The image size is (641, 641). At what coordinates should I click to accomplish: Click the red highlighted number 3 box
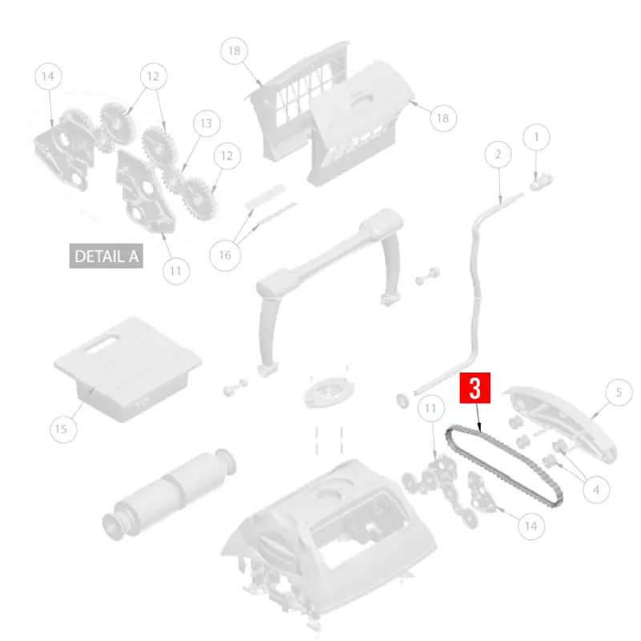point(474,388)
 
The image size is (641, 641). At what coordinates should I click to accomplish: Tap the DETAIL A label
point(107,256)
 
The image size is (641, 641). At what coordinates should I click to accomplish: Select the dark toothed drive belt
point(504,466)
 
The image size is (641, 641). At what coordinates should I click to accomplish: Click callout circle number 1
point(536,137)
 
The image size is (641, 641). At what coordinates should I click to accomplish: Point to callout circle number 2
point(498,154)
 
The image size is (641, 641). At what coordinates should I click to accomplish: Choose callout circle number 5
point(619,393)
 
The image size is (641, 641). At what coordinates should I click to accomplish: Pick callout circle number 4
point(596,490)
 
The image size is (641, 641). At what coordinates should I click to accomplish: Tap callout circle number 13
point(207,123)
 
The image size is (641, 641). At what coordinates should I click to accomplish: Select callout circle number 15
point(63,429)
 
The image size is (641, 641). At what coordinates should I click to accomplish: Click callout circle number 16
point(225,255)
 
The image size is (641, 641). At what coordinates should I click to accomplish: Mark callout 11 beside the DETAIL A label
point(176,271)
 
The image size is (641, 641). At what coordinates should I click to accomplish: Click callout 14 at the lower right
point(530,526)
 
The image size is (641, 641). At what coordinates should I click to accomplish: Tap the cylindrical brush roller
point(169,494)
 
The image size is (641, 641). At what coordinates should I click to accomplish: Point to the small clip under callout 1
point(541,182)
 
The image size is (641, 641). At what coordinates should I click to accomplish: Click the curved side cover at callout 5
point(560,423)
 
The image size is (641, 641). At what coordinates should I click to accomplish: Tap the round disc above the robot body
point(329,392)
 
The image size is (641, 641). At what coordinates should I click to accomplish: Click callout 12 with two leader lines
point(153,76)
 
